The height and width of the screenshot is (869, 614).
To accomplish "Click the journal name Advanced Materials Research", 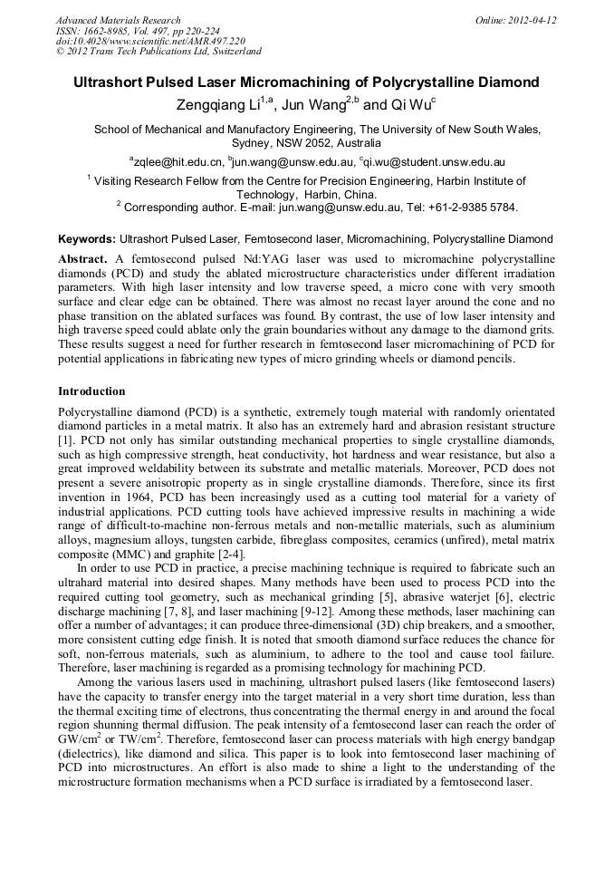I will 119,20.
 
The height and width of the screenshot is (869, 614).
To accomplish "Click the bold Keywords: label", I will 87,240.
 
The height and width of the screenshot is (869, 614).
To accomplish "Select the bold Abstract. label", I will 82,259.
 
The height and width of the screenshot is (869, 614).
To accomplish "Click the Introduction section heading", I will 91,391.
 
